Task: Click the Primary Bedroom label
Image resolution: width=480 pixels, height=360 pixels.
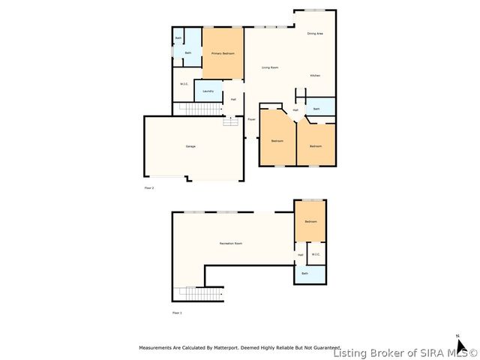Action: [223, 54]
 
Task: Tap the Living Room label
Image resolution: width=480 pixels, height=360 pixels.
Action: [271, 68]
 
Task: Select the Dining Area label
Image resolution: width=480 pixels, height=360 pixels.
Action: [315, 34]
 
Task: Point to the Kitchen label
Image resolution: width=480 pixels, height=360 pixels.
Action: [316, 76]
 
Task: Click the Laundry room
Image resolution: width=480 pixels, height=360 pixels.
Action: [208, 91]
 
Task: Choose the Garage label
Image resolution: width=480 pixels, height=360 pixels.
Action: [190, 146]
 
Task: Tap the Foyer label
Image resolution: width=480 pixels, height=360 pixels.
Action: [251, 119]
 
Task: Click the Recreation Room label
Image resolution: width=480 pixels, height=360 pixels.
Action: [230, 244]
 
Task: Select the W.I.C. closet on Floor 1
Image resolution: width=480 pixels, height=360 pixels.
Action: [316, 254]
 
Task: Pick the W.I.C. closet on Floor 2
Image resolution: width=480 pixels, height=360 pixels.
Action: [184, 84]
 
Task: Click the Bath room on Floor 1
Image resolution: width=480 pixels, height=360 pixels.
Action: [304, 274]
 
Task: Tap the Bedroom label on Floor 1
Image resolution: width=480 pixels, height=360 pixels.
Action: [310, 222]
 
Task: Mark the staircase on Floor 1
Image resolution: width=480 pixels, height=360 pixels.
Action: [199, 293]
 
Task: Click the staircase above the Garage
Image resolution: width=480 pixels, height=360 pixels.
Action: [199, 109]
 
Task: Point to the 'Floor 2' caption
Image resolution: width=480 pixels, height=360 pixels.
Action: [148, 187]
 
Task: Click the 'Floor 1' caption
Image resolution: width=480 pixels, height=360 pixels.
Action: [177, 312]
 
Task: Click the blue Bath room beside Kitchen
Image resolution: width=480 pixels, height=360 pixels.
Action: [316, 109]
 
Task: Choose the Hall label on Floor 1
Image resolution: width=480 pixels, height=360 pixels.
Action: [300, 255]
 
